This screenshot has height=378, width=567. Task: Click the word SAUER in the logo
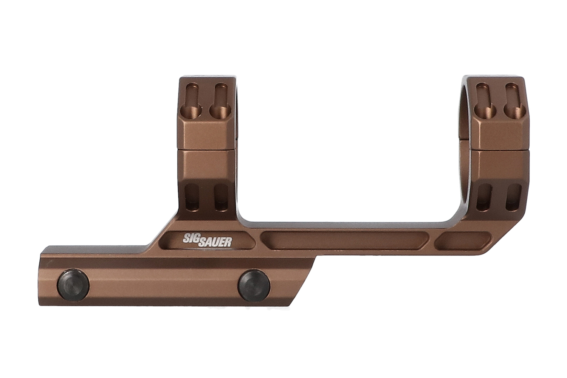click(215, 242)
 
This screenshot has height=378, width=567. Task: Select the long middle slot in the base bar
click(345, 240)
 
